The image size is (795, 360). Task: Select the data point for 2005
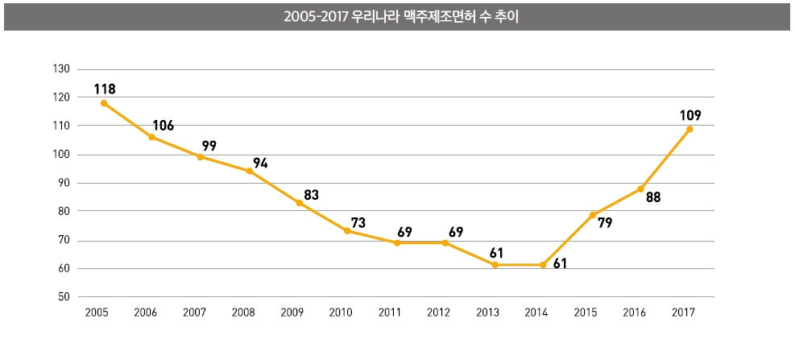point(104,103)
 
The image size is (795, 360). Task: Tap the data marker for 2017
point(689,129)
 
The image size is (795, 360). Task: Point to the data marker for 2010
point(347,231)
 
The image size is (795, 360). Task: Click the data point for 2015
point(592,214)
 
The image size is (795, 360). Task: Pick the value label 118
point(104,89)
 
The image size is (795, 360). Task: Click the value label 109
point(690,114)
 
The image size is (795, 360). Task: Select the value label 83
point(313,195)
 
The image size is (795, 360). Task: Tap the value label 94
point(259,163)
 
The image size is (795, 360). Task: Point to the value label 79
point(605,222)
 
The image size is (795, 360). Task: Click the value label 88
point(652,197)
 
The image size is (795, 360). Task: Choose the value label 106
point(163,126)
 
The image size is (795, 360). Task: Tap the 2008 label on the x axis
point(244,312)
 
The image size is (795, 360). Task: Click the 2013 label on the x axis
point(488,312)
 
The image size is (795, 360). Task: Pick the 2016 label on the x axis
point(635,312)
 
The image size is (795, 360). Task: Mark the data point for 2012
point(445,242)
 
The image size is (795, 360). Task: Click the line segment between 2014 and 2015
point(568,239)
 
